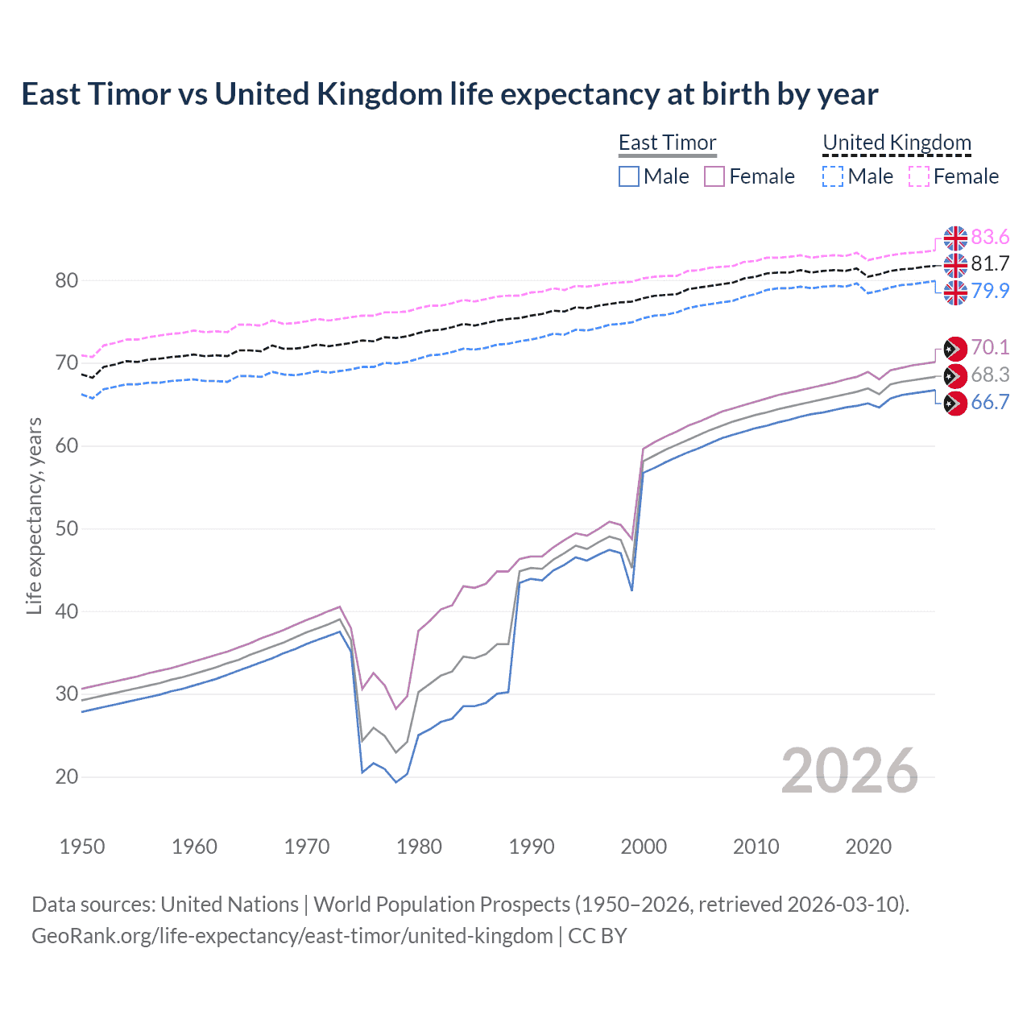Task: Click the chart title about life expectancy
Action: point(449,94)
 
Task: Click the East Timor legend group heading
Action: point(667,143)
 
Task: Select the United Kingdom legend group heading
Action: point(896,143)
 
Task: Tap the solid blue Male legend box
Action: point(629,176)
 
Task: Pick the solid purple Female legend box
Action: point(714,176)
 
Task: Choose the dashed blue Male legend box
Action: point(833,176)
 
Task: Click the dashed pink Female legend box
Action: point(919,176)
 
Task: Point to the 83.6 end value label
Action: point(990,237)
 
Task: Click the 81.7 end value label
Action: point(990,263)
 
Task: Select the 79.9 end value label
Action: point(990,291)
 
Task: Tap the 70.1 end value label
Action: point(990,347)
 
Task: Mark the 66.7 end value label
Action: point(990,402)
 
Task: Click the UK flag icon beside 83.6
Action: point(955,238)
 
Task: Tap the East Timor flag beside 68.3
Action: point(955,375)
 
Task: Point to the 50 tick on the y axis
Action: point(67,529)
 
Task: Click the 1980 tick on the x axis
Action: point(419,847)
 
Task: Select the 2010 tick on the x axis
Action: point(756,847)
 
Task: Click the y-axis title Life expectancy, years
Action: point(34,515)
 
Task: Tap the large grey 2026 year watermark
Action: point(850,771)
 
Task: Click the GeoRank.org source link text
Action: point(292,936)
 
